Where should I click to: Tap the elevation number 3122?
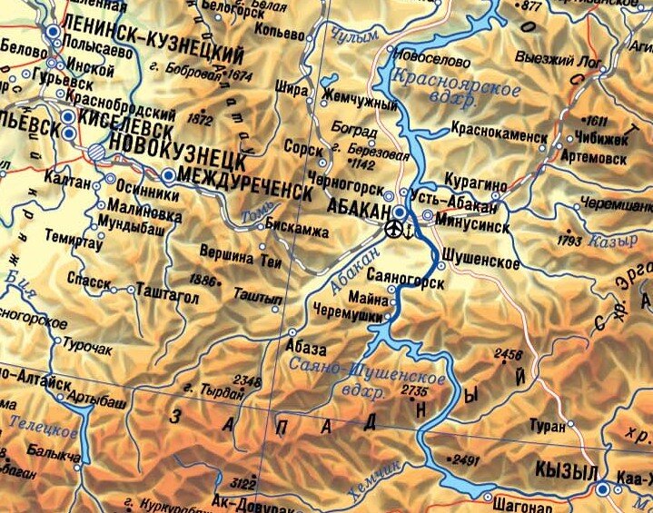[244, 482]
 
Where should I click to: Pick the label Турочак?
[89, 346]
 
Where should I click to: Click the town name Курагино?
[475, 183]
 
